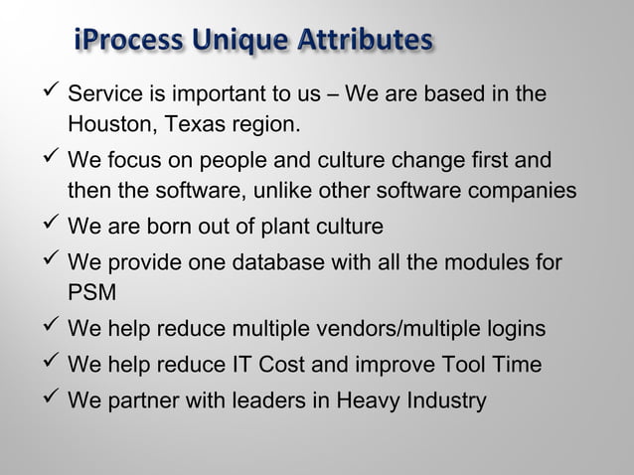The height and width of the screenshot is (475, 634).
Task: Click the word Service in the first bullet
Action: pos(104,96)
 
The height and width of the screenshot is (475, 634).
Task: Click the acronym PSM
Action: pos(90,295)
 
